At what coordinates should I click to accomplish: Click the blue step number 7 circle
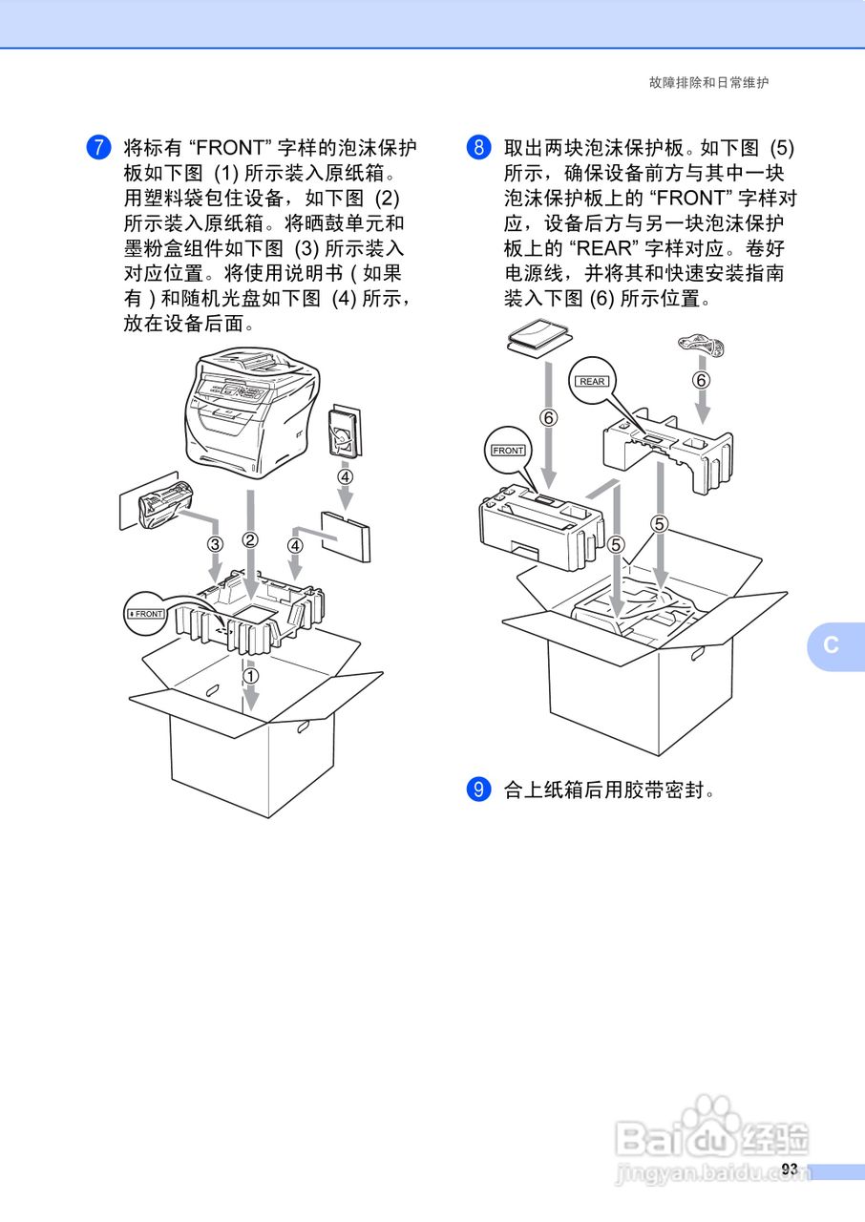pyautogui.click(x=98, y=148)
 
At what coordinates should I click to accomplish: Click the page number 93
pyautogui.click(x=789, y=1169)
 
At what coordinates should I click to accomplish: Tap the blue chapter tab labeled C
pyautogui.click(x=832, y=645)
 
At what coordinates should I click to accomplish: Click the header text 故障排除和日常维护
pyautogui.click(x=708, y=83)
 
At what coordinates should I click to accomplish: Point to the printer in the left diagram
pyautogui.click(x=250, y=415)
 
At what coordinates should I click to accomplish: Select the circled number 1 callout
pyautogui.click(x=250, y=676)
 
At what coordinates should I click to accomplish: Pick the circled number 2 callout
pyautogui.click(x=250, y=540)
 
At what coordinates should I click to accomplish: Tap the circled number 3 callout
pyautogui.click(x=215, y=544)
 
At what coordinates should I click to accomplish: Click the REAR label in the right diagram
pyautogui.click(x=592, y=381)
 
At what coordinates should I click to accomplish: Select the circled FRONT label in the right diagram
pyautogui.click(x=508, y=450)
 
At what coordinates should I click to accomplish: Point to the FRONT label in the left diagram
pyautogui.click(x=147, y=614)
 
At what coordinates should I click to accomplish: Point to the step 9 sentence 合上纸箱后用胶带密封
pyautogui.click(x=608, y=790)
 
